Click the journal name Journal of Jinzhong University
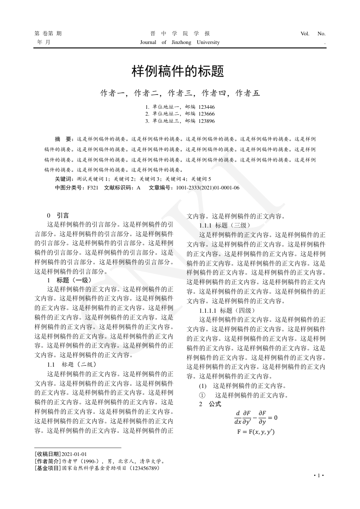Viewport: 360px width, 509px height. pyautogui.click(x=180, y=43)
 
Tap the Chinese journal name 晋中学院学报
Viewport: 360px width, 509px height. pyautogui.click(x=180, y=34)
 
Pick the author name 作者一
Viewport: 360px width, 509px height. pyautogui.click(x=112, y=93)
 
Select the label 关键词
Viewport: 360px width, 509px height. pyautogui.click(x=63, y=179)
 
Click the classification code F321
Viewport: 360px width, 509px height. pyautogui.click(x=93, y=187)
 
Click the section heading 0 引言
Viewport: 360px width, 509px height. pyautogui.click(x=58, y=215)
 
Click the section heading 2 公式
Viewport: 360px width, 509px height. pyautogui.click(x=210, y=403)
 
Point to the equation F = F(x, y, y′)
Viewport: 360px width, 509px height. pyautogui.click(x=256, y=432)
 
